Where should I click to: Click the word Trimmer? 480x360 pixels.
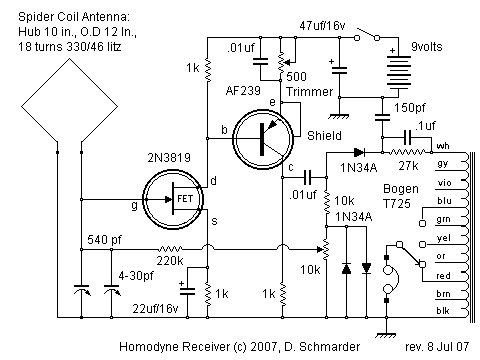(307, 93)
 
